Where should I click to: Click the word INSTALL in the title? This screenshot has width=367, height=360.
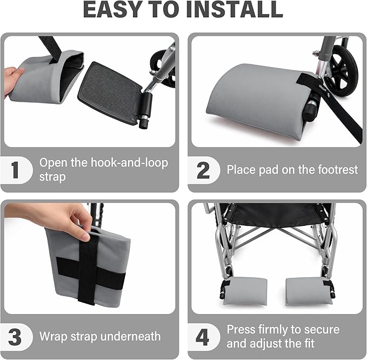point(235,9)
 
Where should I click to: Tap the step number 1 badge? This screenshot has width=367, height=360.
point(16,170)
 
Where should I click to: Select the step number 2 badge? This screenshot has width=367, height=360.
point(203,170)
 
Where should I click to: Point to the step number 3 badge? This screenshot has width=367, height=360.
point(15,337)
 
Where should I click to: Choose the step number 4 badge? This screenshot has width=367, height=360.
point(203,337)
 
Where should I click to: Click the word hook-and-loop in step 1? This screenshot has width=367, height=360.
point(129,163)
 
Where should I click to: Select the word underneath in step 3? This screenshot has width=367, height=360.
point(130,336)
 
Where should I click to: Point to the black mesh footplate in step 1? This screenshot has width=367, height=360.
point(110,92)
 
